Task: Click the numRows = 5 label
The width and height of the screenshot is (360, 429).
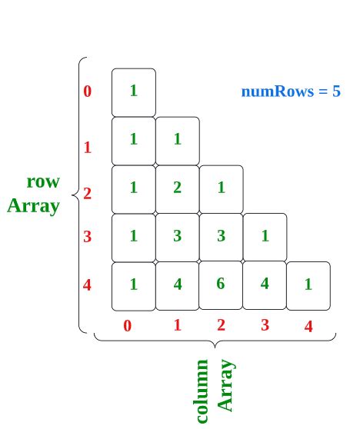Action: tap(291, 91)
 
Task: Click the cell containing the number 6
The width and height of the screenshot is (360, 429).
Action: tap(221, 284)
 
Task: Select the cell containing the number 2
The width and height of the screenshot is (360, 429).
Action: tap(177, 188)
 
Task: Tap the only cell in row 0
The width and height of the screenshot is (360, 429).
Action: tap(133, 91)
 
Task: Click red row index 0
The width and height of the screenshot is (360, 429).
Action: tap(87, 91)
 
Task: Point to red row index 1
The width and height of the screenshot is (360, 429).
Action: tap(87, 146)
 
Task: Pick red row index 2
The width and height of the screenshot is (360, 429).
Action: tap(87, 193)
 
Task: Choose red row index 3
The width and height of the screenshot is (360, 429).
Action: tap(87, 237)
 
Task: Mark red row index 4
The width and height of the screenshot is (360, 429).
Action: tap(87, 285)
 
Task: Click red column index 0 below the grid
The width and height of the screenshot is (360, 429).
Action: tap(128, 325)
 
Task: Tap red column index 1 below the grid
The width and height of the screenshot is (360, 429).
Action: tap(177, 324)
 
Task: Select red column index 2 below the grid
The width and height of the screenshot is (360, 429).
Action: tap(221, 324)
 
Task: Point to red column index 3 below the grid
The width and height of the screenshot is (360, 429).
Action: tap(265, 324)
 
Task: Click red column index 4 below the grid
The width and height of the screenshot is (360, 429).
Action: tap(308, 326)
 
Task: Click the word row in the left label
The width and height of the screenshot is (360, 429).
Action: tap(43, 182)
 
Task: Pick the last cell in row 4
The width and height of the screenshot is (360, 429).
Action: tap(308, 284)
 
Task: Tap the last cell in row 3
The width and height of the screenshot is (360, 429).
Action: tap(265, 236)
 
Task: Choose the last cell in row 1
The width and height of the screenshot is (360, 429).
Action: tap(177, 139)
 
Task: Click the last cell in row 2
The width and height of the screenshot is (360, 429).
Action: tap(221, 188)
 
